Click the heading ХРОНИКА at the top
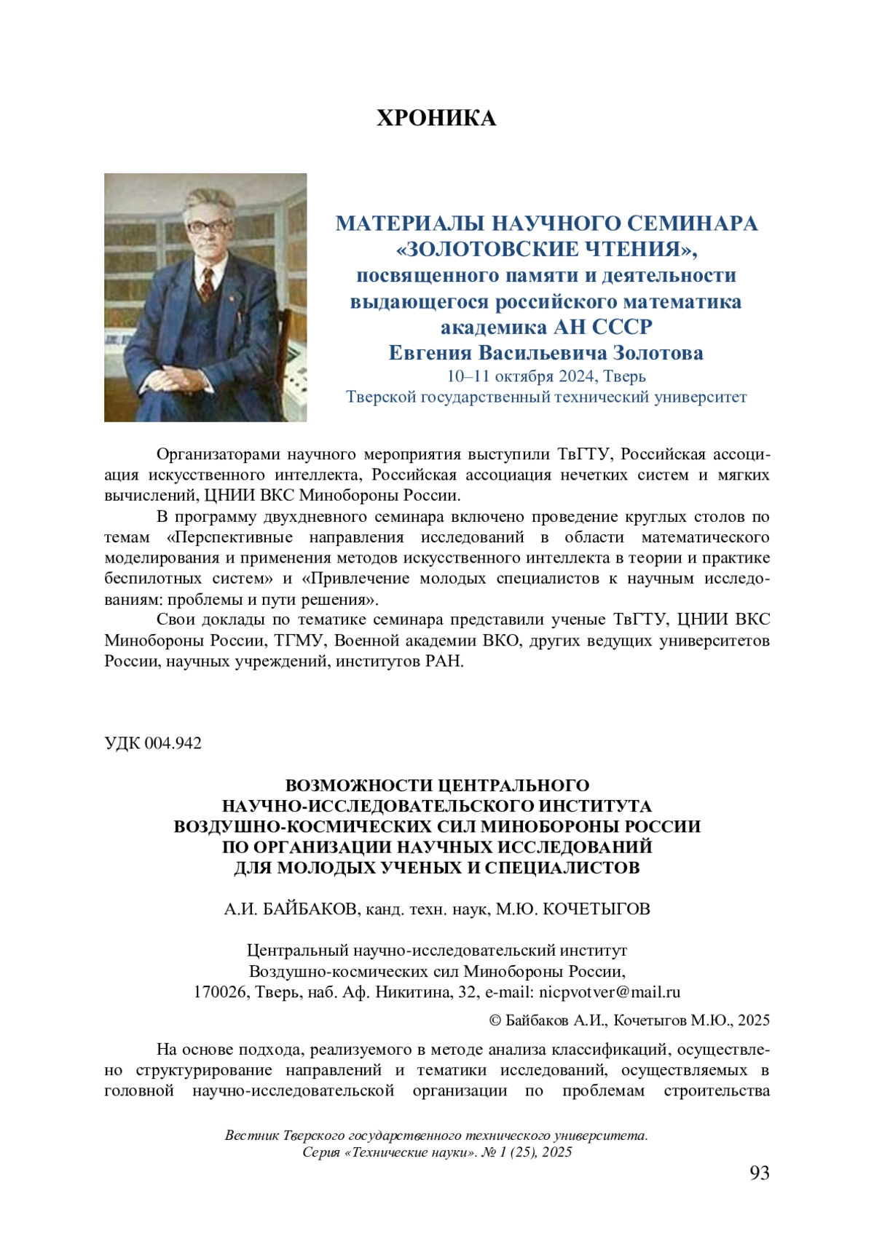point(436,118)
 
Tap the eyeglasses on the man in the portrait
point(209,226)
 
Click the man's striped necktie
point(208,284)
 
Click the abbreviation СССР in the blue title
point(621,328)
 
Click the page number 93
point(759,1173)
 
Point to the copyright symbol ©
point(495,1020)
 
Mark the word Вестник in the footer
point(252,1136)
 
